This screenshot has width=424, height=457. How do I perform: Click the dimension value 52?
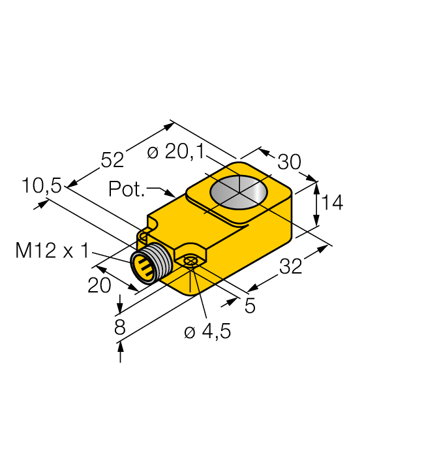coord(112,159)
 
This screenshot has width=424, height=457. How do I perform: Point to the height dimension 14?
coord(332,203)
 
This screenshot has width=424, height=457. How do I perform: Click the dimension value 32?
coord(290,266)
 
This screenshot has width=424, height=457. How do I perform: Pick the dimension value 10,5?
coord(41,186)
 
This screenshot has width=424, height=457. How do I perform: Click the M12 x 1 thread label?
coord(52,250)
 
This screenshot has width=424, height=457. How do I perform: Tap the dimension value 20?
coord(100,285)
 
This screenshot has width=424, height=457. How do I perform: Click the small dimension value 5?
coord(250,306)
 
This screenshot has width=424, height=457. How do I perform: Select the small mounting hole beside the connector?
coord(190,262)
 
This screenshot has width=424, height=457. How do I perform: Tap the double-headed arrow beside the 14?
coord(317,204)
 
